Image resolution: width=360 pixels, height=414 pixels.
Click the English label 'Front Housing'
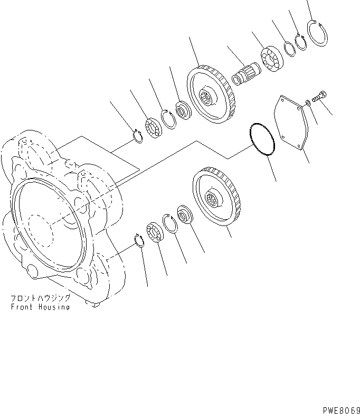coord(40,307)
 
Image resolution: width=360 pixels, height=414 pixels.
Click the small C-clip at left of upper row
coord(137,136)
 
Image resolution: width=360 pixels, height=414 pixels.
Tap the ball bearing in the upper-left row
coord(154,129)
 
